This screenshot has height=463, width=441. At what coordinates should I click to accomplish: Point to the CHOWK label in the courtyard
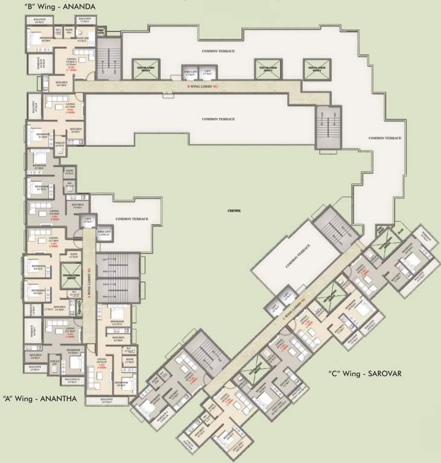point(234,210)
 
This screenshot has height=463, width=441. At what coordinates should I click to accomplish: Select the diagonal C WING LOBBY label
point(292,305)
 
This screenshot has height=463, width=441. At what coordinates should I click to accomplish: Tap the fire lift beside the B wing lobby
point(188,74)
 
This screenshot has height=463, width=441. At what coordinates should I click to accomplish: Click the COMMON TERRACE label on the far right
point(385,139)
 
